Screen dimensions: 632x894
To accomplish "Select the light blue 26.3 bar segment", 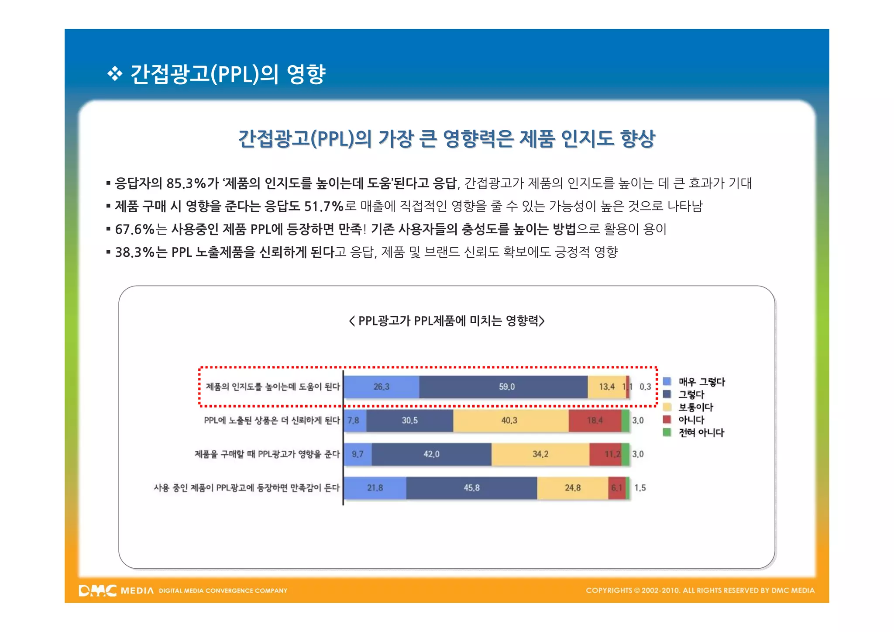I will [381, 387].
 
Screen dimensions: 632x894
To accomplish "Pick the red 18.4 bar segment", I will [595, 421].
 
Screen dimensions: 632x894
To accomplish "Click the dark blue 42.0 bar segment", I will [431, 454].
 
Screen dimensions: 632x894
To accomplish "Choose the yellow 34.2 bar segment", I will [540, 454].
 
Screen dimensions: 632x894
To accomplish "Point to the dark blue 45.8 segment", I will [471, 488].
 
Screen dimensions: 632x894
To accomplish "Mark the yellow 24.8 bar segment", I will [572, 488].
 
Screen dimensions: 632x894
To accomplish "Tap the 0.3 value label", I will [645, 387].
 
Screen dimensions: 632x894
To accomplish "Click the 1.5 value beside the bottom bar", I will [640, 488].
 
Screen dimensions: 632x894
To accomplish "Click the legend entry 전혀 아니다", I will [701, 433].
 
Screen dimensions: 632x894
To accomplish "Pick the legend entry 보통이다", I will [695, 408].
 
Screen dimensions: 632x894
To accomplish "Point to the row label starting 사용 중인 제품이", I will [246, 488].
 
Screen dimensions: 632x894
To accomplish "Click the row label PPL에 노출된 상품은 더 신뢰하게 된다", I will [272, 421].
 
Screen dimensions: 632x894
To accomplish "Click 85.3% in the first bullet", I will [186, 183].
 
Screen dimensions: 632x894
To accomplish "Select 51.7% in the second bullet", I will [324, 206].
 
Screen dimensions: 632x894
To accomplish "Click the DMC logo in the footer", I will [97, 591].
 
